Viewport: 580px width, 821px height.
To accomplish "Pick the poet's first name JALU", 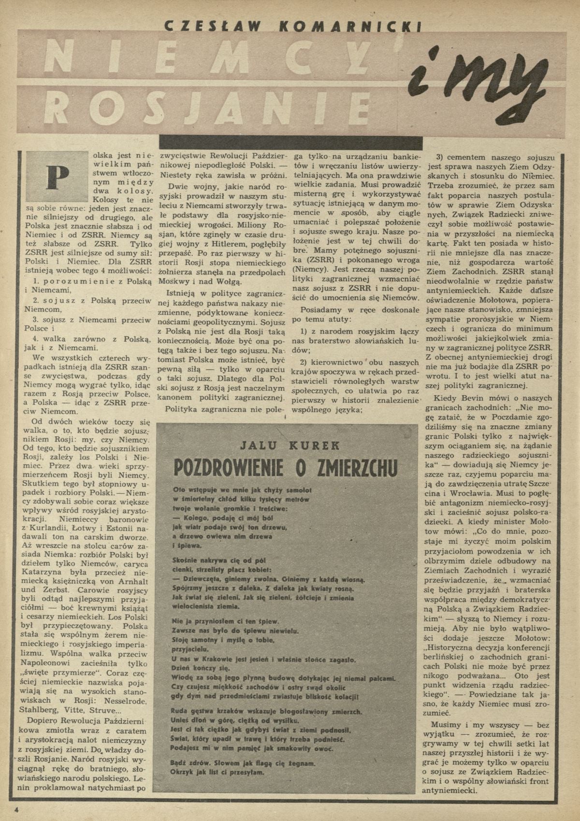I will [246, 445].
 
